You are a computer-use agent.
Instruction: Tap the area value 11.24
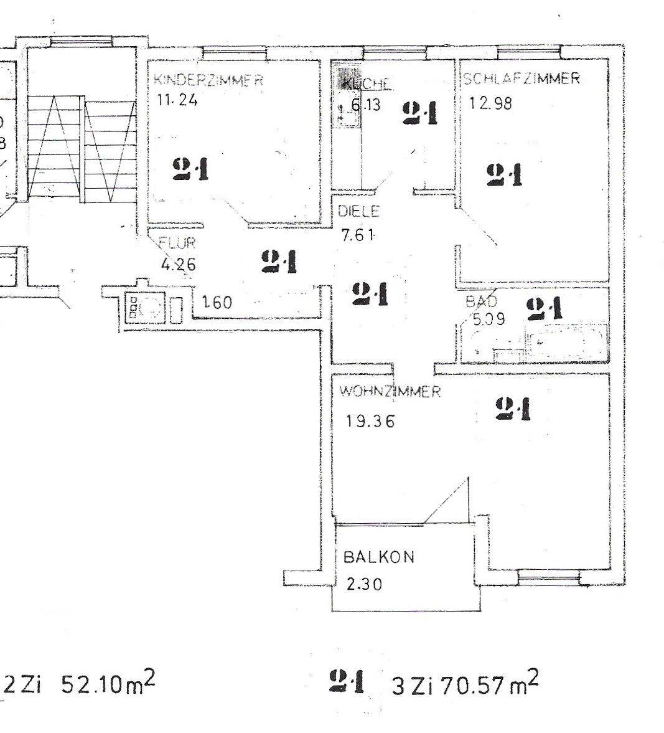coord(176,100)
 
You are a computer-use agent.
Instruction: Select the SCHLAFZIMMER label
coord(521,78)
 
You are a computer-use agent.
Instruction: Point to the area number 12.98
coord(491,103)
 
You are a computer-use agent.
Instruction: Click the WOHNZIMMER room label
coord(390,392)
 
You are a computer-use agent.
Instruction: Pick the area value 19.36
coord(370,421)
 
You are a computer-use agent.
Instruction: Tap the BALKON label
coord(379,557)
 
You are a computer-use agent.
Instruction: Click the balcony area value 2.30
coord(364,585)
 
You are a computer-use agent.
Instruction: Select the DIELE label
coord(358,211)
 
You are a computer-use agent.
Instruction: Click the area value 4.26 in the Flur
coord(178,264)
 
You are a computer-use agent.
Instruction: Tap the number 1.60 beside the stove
coord(217,303)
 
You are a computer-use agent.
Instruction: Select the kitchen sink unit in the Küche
coord(345,103)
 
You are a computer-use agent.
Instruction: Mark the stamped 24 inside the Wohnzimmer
coord(513,409)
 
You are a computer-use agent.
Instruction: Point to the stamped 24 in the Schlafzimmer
coord(503,174)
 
